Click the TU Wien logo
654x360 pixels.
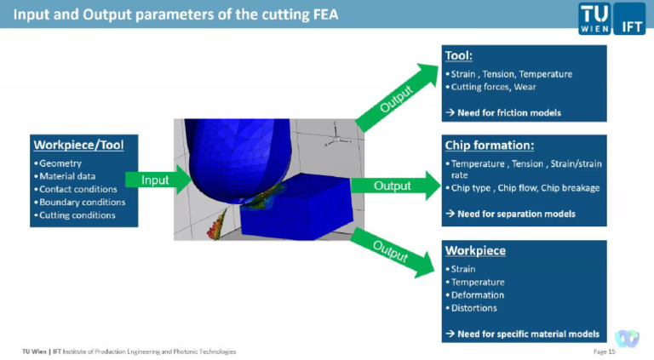point(594,16)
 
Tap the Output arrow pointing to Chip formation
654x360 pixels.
point(393,185)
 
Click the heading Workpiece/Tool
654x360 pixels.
point(77,145)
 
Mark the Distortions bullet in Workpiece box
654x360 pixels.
point(474,308)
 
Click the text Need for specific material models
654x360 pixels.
point(527,334)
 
